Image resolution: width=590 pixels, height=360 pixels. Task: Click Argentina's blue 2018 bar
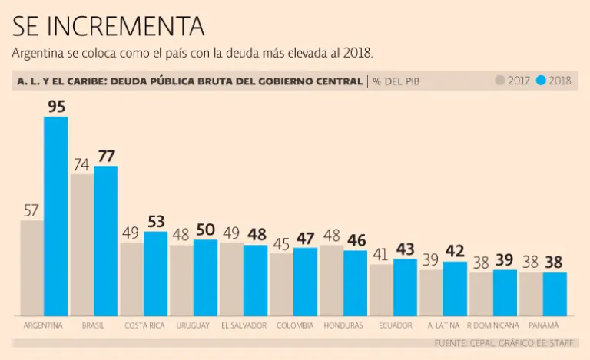[x=55, y=216]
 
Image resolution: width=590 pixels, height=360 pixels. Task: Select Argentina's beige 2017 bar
[x=31, y=268]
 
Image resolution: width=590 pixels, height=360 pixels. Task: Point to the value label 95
[x=56, y=107]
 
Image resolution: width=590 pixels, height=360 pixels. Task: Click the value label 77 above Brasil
[x=106, y=156]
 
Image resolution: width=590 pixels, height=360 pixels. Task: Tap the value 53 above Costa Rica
[x=156, y=222]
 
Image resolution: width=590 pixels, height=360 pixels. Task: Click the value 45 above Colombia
[x=281, y=243]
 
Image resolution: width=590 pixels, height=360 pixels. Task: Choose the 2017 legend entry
[x=512, y=81]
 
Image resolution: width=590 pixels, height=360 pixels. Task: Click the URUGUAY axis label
[x=193, y=325]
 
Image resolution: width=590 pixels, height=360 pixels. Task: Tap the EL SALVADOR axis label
[x=244, y=325]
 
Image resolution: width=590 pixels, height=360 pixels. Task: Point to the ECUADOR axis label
[x=395, y=325]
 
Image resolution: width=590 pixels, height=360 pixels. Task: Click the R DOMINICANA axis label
[x=492, y=325]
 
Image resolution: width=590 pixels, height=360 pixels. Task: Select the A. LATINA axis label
[x=443, y=325]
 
